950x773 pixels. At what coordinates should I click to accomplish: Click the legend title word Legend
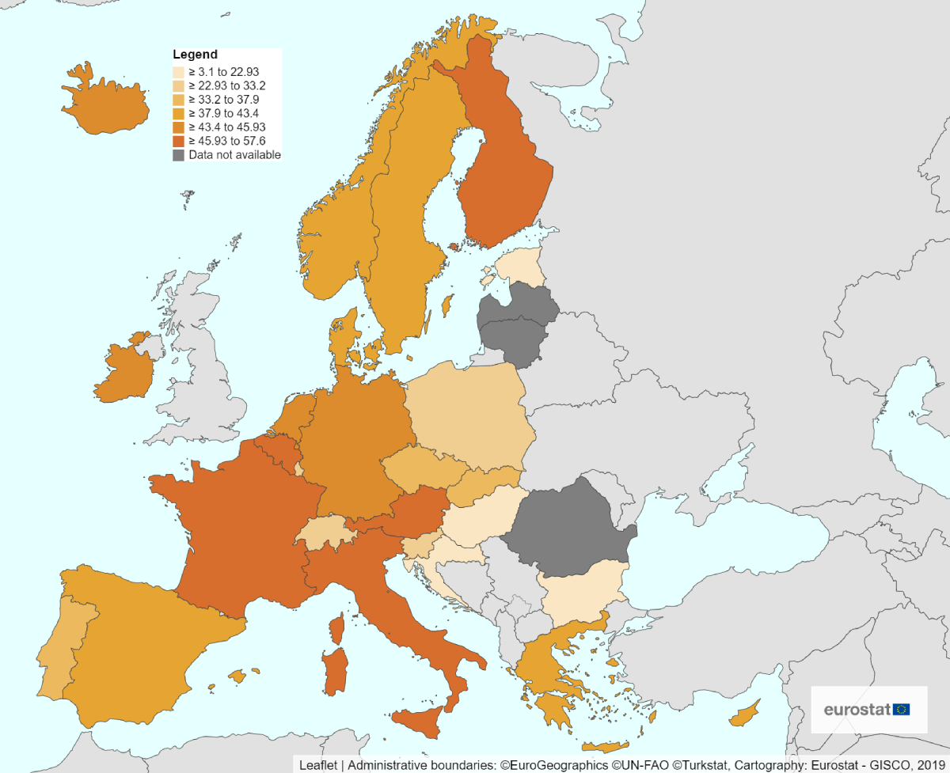click(x=195, y=55)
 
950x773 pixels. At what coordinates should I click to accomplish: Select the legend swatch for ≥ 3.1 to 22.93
click(x=180, y=72)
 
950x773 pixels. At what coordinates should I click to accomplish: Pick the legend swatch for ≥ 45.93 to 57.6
click(x=180, y=141)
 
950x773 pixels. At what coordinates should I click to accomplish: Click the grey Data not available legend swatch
click(x=180, y=155)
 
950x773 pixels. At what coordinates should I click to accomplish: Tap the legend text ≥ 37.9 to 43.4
click(x=223, y=113)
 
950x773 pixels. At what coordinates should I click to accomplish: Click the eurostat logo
click(x=867, y=709)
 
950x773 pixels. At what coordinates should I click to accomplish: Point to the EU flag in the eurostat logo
click(x=901, y=709)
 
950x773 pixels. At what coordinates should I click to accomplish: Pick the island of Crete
click(x=604, y=747)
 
